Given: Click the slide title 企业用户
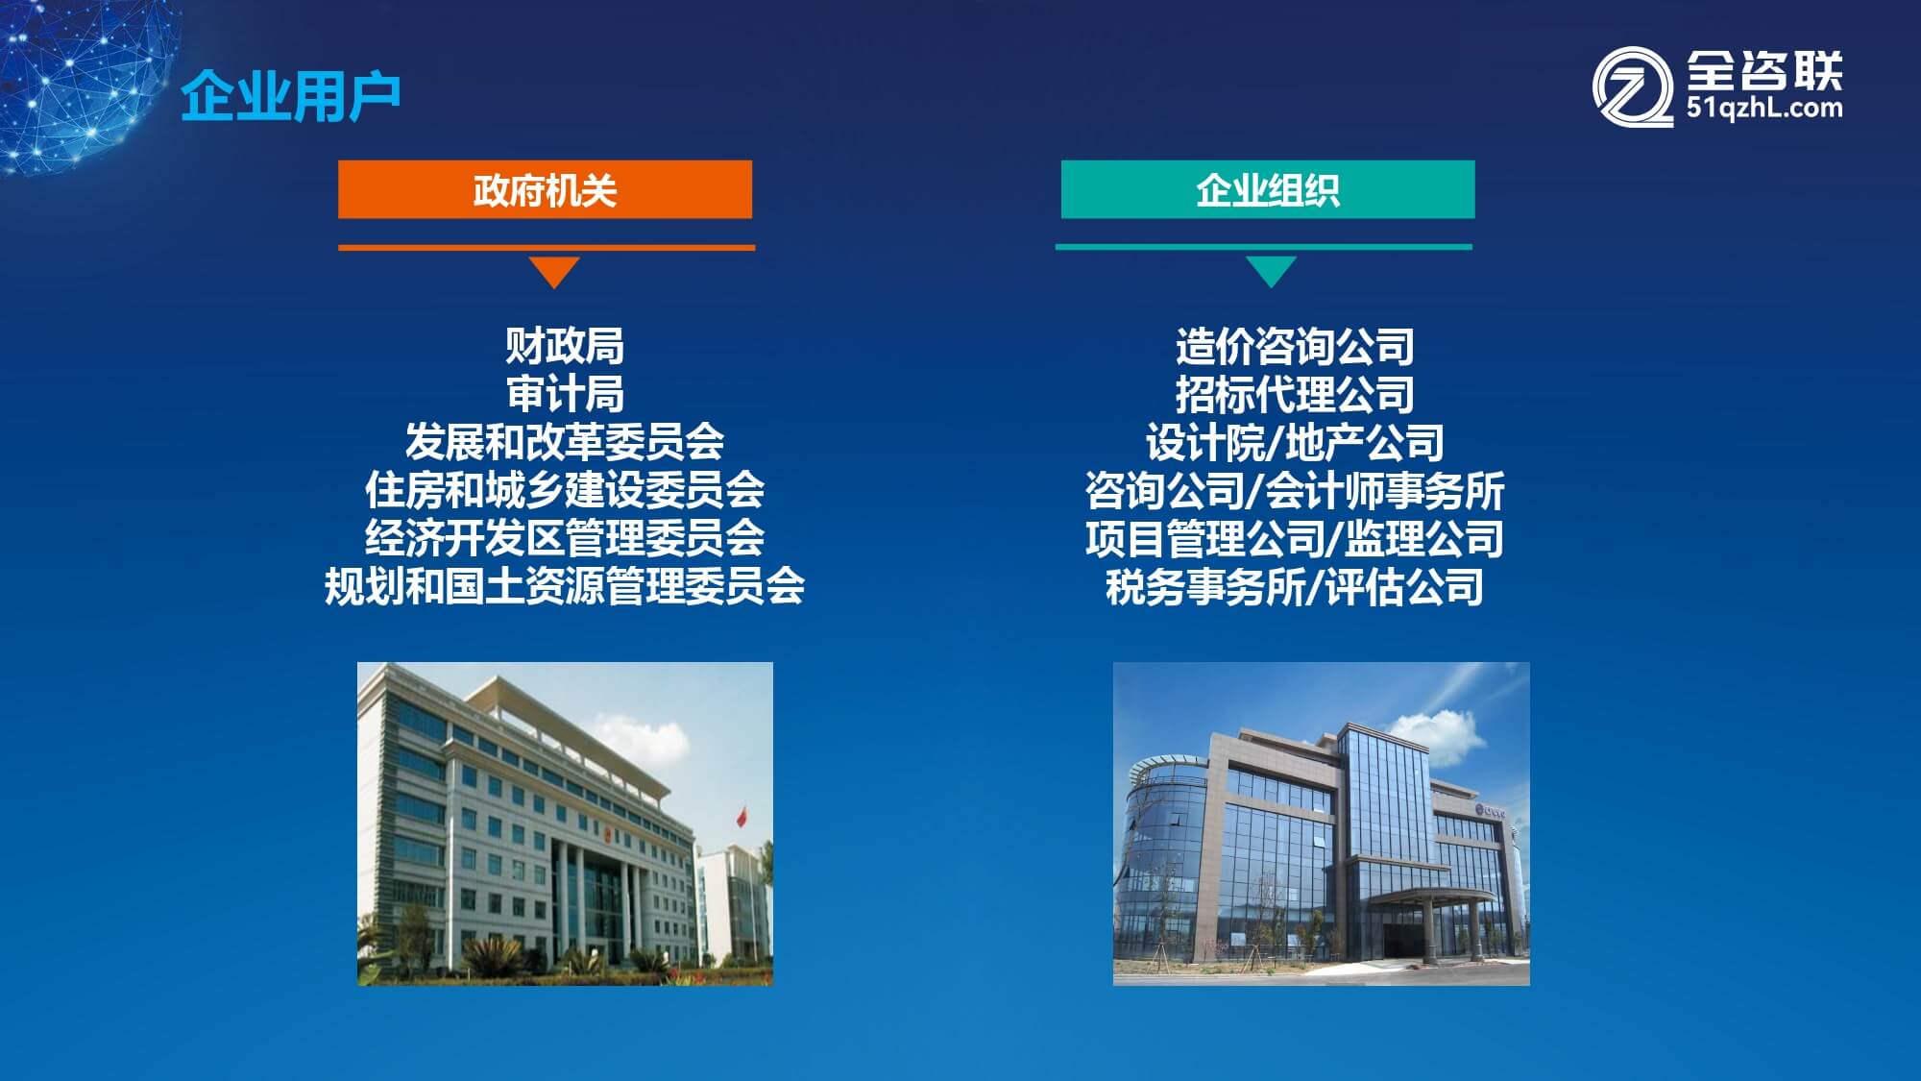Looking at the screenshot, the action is pos(290,96).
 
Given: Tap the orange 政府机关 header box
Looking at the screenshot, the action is pos(545,189).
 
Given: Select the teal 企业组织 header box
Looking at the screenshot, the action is pos(1268,189).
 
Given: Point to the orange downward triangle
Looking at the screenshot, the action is pos(554,271).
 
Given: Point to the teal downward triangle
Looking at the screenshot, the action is pos(1271,271).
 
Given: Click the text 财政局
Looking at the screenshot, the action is pos(565,346).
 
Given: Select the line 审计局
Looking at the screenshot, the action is pos(565,394).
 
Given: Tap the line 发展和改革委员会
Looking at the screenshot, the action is pos(565,442).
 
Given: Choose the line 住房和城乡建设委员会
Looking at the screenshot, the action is pos(565,490).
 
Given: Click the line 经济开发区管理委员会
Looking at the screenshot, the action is pos(565,538).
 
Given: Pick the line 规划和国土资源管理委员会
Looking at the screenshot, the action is pos(565,586).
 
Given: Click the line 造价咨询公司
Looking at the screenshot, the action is pos(1295,346).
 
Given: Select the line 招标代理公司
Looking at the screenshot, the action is pos(1295,394).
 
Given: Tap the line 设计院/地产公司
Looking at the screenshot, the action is pos(1295,442).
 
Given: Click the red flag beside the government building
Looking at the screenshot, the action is pos(742,816).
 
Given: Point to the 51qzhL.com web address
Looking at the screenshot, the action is pos(1764,108).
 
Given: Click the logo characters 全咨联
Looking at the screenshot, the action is pos(1764,69).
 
